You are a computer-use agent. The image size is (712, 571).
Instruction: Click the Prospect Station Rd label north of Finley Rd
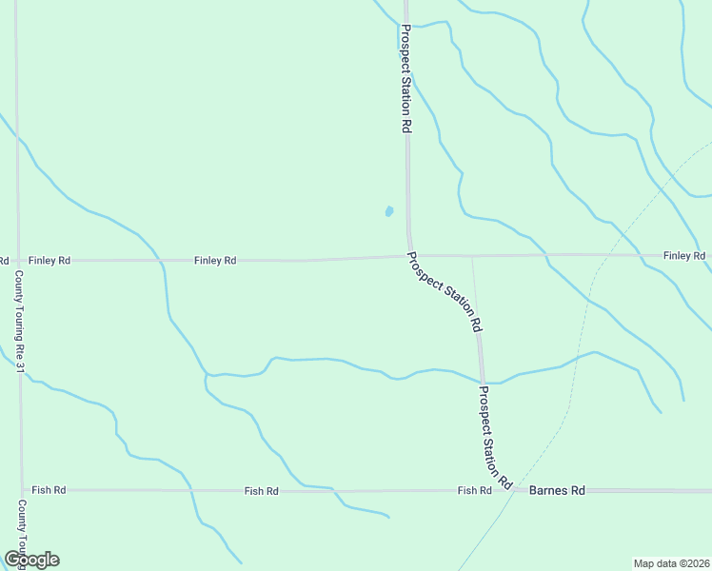(x=405, y=79)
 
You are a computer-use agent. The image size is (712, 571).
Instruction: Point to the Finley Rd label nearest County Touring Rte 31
(x=49, y=260)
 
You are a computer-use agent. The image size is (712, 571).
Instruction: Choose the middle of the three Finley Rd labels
(x=215, y=260)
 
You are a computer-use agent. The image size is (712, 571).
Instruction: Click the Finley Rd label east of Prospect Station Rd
(x=683, y=256)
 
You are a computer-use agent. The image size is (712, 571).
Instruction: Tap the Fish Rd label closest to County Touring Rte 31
(x=49, y=490)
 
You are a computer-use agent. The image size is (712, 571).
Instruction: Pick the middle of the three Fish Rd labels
(x=261, y=491)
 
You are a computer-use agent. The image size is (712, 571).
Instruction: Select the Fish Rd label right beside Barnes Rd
(x=474, y=490)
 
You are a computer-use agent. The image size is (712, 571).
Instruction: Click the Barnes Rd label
(x=557, y=490)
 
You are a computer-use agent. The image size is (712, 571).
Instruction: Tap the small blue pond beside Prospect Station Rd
(x=388, y=211)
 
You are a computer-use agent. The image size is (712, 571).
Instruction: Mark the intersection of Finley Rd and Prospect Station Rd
(x=409, y=256)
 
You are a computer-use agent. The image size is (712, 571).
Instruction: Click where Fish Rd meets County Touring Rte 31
(x=21, y=490)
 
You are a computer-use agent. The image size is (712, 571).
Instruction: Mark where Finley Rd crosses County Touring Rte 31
(x=17, y=260)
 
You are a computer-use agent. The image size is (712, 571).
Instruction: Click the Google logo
(x=31, y=560)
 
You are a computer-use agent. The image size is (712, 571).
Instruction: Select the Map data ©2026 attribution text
(x=671, y=562)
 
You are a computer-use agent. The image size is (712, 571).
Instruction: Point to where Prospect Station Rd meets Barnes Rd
(x=510, y=490)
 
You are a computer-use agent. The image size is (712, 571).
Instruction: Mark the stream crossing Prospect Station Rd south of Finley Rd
(x=483, y=381)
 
